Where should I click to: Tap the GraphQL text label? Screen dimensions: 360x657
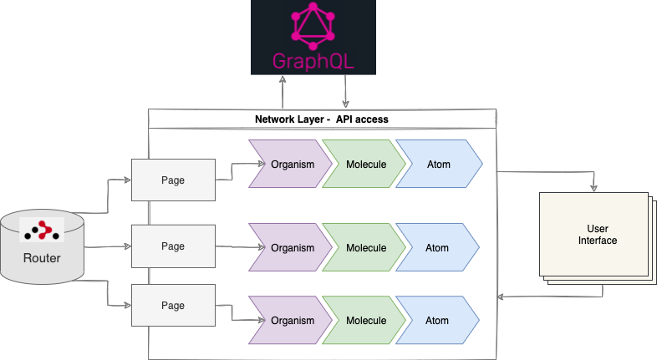(x=313, y=61)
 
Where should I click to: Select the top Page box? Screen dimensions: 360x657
(x=173, y=180)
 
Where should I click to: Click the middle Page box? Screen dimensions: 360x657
(x=173, y=246)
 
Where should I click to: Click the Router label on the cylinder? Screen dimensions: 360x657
(x=42, y=258)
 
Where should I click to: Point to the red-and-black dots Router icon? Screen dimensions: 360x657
(x=42, y=231)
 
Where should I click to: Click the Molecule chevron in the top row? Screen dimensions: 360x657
(x=364, y=165)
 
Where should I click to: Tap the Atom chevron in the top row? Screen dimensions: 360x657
(x=437, y=165)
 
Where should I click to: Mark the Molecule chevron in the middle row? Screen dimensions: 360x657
(x=364, y=248)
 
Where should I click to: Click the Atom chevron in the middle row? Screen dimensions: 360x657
(x=437, y=248)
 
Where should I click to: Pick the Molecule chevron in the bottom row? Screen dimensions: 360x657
(x=364, y=321)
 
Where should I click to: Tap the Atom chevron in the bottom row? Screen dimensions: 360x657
(x=437, y=321)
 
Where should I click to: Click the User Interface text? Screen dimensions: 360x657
(x=597, y=235)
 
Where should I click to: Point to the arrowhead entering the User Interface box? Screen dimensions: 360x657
(x=594, y=188)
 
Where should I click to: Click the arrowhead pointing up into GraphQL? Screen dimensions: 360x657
(x=283, y=79)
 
